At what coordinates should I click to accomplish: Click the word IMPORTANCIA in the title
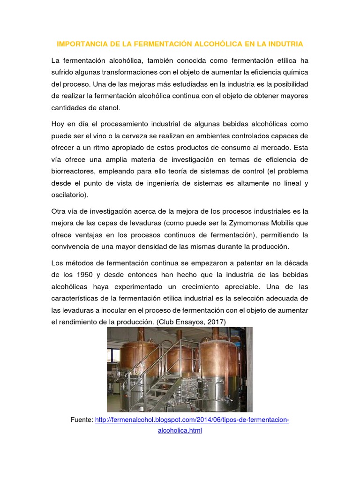(77, 44)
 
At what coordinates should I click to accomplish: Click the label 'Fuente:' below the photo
(82, 420)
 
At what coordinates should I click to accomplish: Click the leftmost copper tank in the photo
(129, 356)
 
